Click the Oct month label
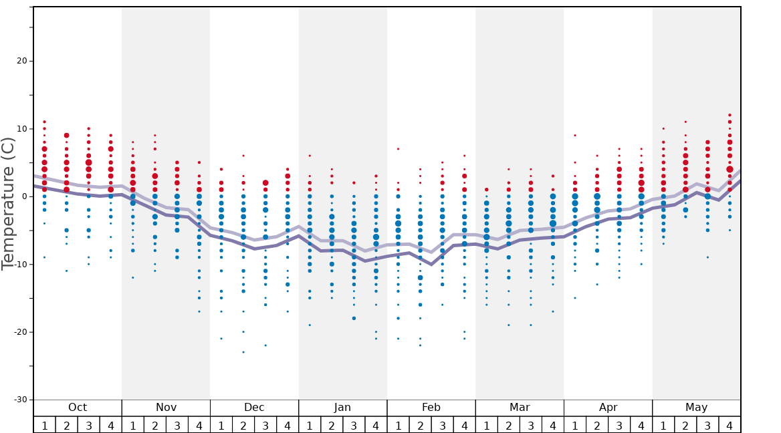pos(78,408)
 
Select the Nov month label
pos(166,408)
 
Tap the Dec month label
pos(254,408)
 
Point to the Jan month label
pos(342,408)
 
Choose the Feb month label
pos(431,408)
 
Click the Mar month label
pos(520,408)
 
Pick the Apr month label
pos(608,408)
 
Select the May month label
pos(696,408)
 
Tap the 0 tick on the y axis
pos(24,196)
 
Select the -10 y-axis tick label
pos(20,265)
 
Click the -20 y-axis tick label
pos(20,332)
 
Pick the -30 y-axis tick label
pos(20,400)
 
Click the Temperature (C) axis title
pos(8,203)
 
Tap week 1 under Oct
pos(44,425)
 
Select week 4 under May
pos(730,425)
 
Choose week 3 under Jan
pos(354,425)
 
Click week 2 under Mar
pos(508,425)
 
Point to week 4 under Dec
pos(288,425)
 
